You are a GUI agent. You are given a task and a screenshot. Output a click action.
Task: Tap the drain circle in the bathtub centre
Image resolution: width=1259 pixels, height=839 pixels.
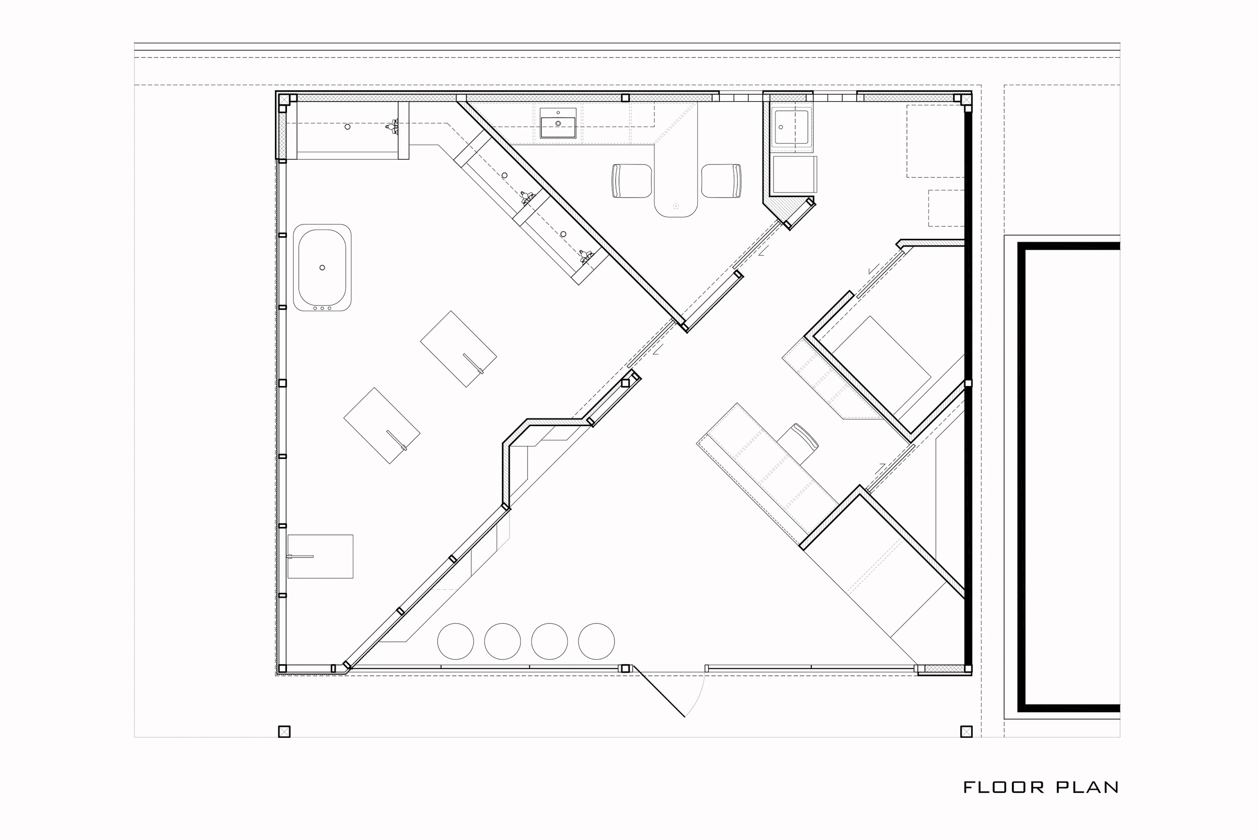coord(322,267)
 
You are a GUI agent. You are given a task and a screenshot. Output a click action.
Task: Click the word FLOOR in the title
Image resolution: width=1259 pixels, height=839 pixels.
coord(1004,787)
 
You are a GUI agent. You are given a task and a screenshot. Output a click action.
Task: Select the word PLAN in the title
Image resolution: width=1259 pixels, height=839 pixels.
coord(1087,787)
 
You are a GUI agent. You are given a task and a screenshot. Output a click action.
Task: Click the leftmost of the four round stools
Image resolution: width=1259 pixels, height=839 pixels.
coord(455,641)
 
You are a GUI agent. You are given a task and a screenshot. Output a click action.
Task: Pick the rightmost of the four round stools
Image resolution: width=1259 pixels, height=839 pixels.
coord(596,641)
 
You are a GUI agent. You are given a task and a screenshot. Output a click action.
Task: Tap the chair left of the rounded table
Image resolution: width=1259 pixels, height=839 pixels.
coord(632,181)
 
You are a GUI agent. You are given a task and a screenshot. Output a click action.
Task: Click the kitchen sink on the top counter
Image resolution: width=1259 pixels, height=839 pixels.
coord(558,123)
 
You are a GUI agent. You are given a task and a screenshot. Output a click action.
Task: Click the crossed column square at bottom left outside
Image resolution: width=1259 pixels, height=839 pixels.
coord(284,732)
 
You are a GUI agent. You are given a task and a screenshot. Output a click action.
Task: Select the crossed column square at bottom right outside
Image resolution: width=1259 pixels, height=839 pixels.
coord(966,732)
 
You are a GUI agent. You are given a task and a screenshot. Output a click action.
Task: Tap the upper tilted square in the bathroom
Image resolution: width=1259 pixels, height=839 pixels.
coord(459,349)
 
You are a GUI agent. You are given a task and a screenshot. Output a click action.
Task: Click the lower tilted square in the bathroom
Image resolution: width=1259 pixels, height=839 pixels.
coord(382,425)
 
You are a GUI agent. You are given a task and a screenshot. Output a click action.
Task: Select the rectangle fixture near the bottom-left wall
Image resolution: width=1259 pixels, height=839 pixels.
coord(320,556)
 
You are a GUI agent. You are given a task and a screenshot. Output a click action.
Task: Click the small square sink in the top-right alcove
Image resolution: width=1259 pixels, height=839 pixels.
coord(791,127)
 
